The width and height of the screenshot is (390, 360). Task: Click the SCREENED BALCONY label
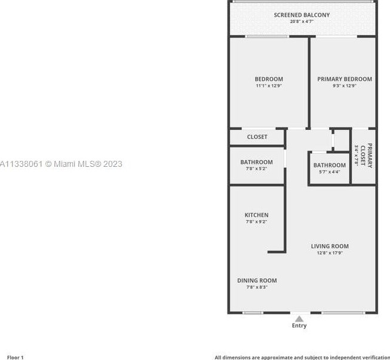click(302, 15)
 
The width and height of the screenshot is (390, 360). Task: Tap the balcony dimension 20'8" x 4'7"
click(302, 22)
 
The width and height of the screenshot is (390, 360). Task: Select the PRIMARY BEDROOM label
click(345, 79)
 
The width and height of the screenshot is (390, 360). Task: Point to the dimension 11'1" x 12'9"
click(269, 86)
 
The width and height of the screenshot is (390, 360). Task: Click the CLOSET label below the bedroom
click(257, 137)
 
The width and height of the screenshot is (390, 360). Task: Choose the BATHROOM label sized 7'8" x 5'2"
click(257, 162)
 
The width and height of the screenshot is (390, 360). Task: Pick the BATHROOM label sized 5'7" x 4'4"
click(330, 165)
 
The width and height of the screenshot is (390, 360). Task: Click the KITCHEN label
click(256, 215)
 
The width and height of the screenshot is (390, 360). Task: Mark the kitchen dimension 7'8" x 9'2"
click(256, 222)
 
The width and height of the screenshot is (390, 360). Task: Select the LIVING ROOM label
click(330, 246)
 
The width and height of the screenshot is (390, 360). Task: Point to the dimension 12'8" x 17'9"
click(330, 253)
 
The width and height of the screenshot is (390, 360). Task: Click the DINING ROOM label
click(257, 280)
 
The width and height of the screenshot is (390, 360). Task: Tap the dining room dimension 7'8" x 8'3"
click(257, 287)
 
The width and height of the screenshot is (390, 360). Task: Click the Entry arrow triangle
click(299, 319)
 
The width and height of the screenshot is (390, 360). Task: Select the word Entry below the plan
click(299, 326)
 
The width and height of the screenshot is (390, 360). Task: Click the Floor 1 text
click(14, 357)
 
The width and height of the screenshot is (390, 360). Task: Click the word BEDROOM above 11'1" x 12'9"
click(269, 79)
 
